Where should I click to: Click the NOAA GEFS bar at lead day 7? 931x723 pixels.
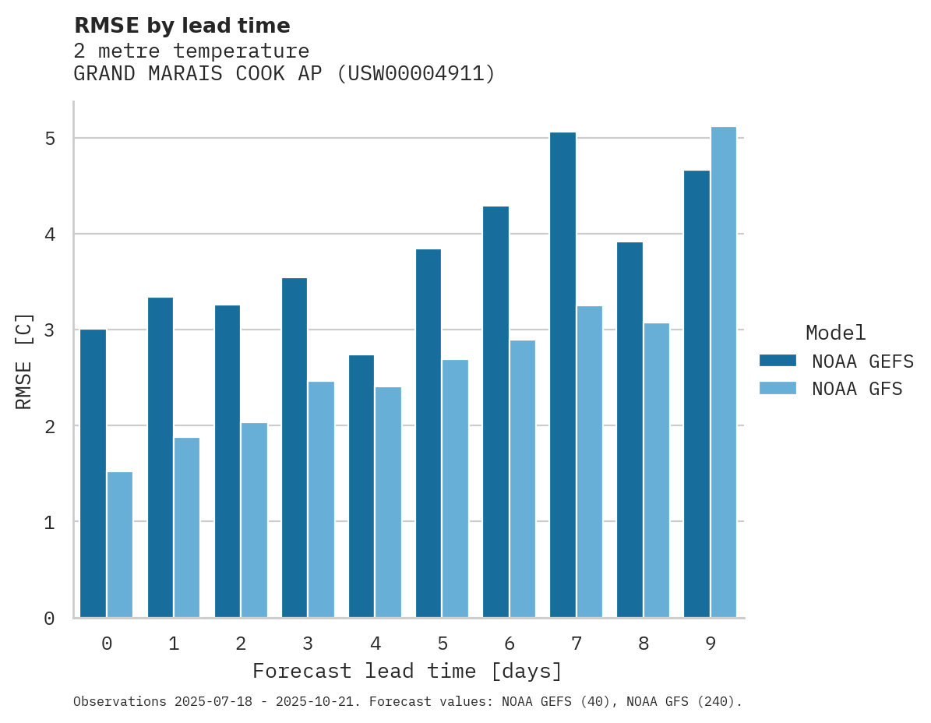[x=562, y=375]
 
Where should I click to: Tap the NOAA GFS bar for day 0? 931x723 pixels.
[x=120, y=545]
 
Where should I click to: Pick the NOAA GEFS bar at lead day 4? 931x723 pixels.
[x=361, y=486]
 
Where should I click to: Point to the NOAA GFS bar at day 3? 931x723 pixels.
[x=321, y=499]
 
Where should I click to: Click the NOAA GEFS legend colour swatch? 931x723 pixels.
[x=778, y=361]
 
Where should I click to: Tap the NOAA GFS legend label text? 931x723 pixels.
[x=857, y=389]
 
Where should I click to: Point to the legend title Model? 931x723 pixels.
[x=836, y=333]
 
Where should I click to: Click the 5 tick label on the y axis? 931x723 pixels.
[x=49, y=139]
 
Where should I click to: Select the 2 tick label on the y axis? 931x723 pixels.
[x=49, y=426]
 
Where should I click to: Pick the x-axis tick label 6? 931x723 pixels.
[x=510, y=644]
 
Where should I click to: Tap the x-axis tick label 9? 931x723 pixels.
[x=711, y=644]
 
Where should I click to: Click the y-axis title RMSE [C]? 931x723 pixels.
[x=24, y=361]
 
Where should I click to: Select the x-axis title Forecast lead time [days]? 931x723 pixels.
[x=407, y=671]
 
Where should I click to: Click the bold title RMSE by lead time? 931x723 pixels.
[x=182, y=26]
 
